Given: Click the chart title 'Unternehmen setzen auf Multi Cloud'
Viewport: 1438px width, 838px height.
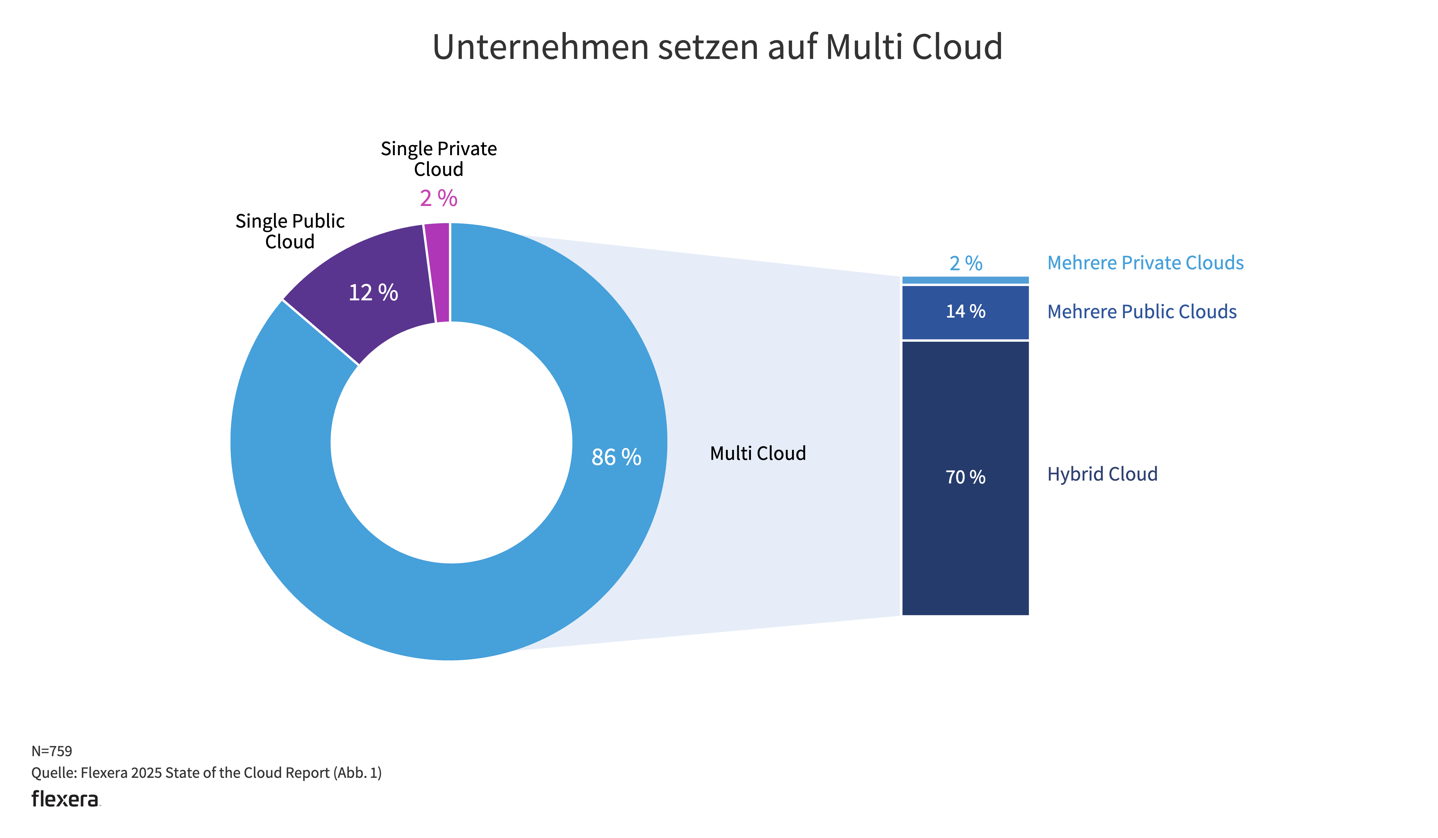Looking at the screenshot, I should (x=717, y=47).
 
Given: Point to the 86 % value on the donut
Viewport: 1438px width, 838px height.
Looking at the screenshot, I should (x=616, y=457).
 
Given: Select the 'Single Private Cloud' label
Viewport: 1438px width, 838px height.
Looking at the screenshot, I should (x=438, y=159).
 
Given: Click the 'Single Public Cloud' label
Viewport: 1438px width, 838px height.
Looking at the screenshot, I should (x=290, y=231).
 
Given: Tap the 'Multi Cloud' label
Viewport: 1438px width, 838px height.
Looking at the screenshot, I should (x=758, y=453).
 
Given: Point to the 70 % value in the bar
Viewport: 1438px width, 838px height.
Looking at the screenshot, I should (x=965, y=477).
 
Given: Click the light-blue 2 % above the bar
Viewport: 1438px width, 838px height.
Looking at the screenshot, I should (x=966, y=263).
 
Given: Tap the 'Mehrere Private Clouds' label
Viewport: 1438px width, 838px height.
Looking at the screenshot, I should (x=1145, y=263).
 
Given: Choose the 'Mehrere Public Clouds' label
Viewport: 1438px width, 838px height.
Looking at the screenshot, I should (x=1141, y=312).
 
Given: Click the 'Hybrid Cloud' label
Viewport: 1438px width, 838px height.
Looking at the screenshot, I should (x=1102, y=474).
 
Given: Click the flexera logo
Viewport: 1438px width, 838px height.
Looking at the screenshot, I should (x=65, y=799).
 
